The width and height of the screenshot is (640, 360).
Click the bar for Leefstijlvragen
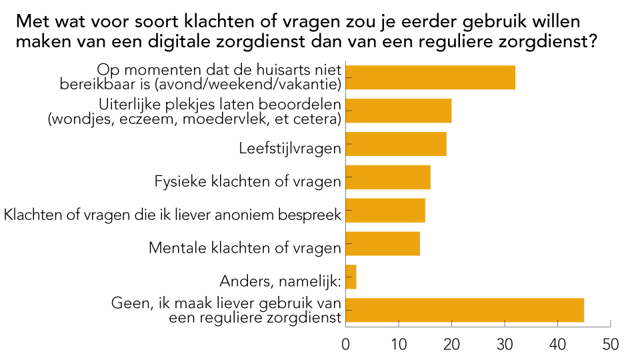pos(396,144)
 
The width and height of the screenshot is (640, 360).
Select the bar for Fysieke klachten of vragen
pos(388,177)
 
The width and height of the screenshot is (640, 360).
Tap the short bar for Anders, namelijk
pos(351,277)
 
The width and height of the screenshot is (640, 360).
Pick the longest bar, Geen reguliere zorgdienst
pos(465,311)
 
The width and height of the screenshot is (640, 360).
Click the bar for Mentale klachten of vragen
pos(383,244)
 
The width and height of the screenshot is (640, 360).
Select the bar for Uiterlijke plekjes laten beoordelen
pos(399,111)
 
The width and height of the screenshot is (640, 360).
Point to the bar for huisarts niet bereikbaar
pos(431,77)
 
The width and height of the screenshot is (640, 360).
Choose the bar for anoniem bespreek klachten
pos(385,211)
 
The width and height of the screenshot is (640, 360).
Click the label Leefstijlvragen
pos(289,148)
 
